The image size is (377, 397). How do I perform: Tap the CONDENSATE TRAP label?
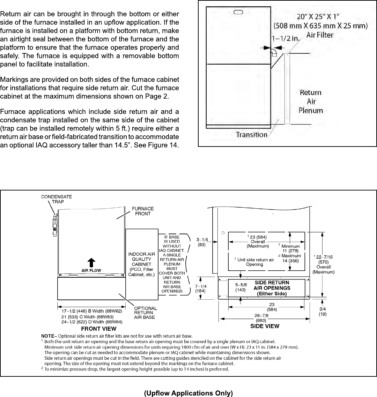coord(57,199)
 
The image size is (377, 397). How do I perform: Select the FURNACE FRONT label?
coord(143,211)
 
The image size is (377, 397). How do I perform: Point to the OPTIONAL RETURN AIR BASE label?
coord(146,313)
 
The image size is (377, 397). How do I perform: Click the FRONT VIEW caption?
coord(99,329)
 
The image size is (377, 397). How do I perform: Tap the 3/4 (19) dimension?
coord(323,312)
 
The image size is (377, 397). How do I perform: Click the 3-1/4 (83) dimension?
coord(202,242)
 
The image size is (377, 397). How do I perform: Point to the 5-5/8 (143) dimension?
coord(241,287)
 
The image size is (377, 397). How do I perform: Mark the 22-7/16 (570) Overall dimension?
coord(323,264)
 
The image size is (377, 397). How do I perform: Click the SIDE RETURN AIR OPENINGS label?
coord(272,288)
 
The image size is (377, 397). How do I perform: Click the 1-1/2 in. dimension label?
coord(285,39)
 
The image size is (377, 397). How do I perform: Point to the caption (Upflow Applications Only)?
coord(188,393)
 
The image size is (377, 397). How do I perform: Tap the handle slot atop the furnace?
coord(238,13)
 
